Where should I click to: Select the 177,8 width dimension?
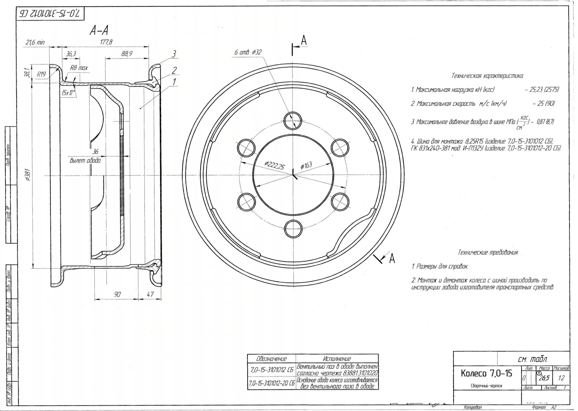106,42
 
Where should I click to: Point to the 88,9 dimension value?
127,54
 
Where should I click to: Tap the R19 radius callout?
41,74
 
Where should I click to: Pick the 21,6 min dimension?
35,42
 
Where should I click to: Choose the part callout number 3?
174,54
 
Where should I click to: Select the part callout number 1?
174,82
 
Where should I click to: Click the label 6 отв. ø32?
248,52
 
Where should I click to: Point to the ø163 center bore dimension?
306,165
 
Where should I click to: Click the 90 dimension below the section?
117,294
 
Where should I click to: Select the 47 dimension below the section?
150,294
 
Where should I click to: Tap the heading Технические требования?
488,252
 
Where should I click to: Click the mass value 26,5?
544,378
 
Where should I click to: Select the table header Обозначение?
271,359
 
